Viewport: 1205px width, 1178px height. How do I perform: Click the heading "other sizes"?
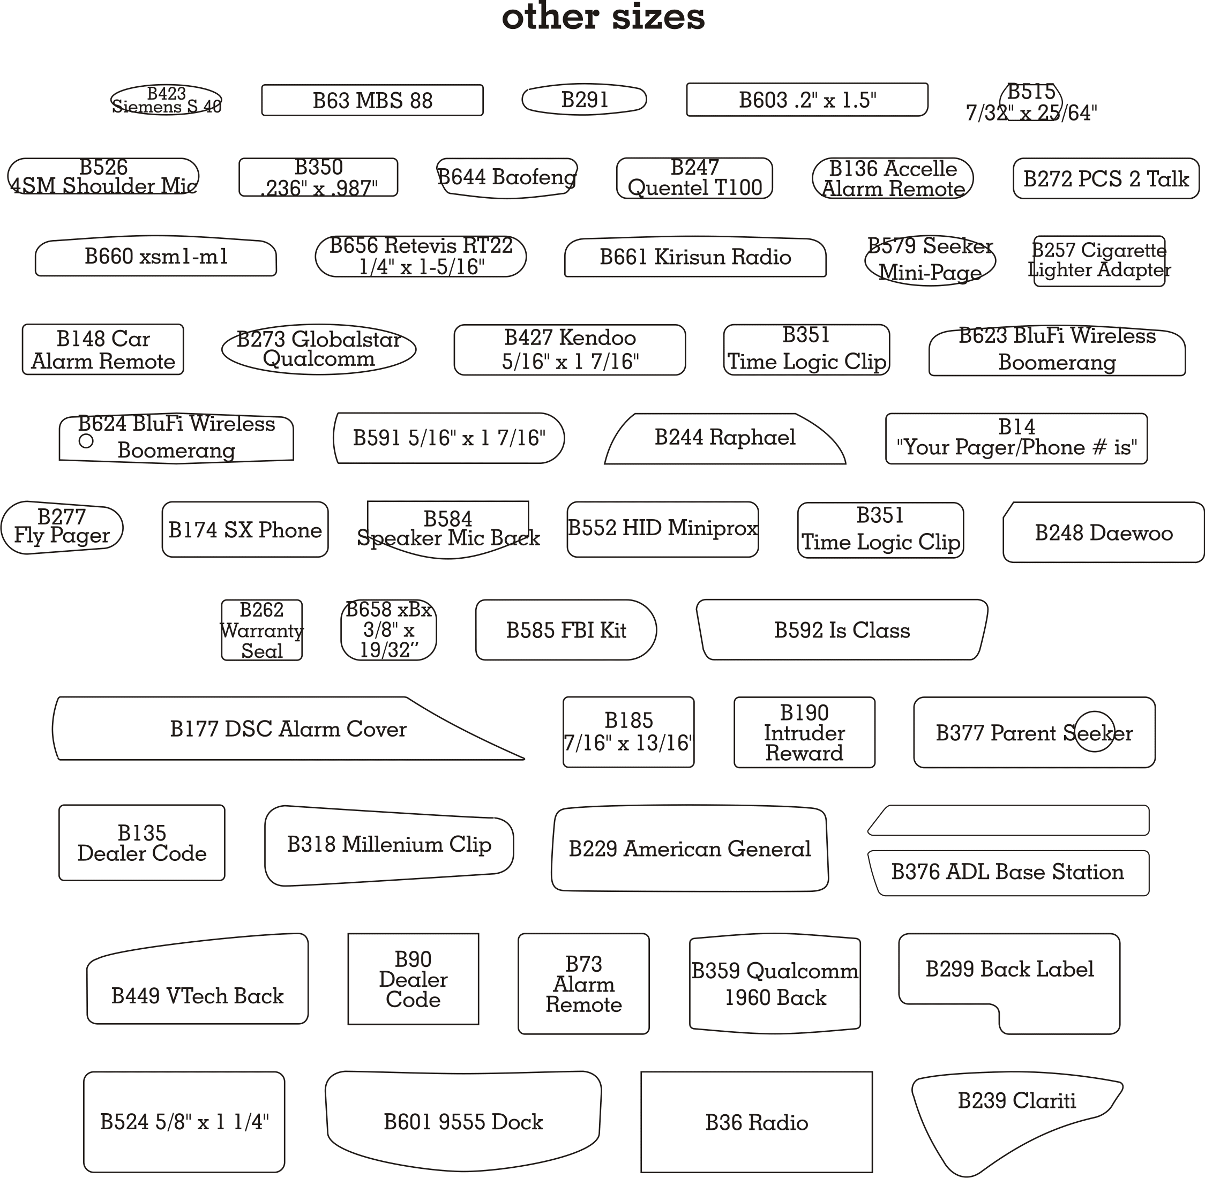(x=603, y=17)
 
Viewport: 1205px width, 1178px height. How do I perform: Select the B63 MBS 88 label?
(x=372, y=100)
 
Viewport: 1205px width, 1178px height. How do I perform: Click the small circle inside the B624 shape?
(x=86, y=441)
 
